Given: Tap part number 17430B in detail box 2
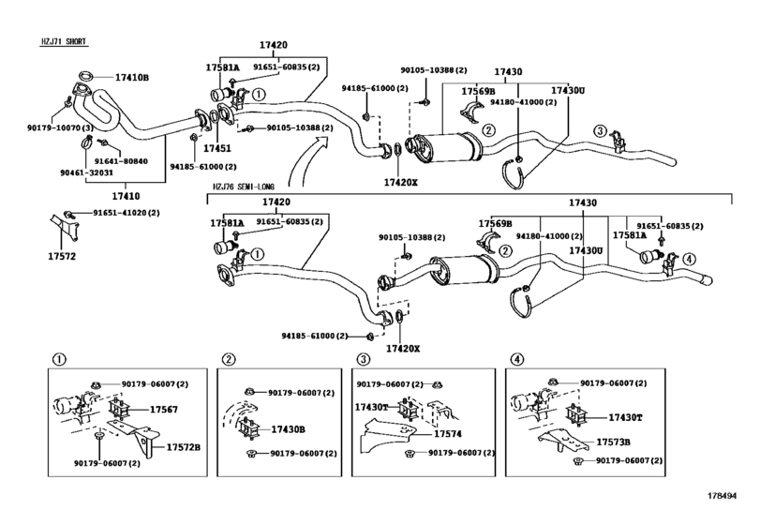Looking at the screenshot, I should [288, 429].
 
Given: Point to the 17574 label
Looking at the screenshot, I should [448, 434].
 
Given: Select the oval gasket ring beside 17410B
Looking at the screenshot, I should [82, 76].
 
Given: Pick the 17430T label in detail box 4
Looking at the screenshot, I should [624, 418].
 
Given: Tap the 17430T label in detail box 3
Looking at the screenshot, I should [372, 409].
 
